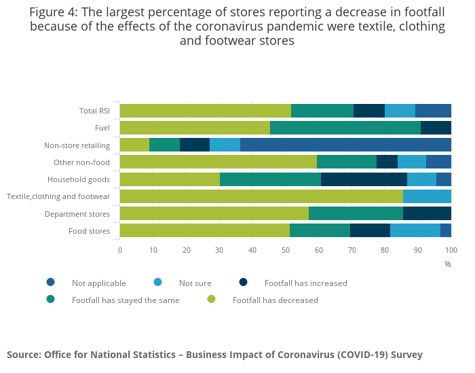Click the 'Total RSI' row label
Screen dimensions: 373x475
coord(94,111)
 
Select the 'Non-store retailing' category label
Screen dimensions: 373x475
coord(77,145)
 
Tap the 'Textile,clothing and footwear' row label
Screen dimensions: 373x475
coord(58,196)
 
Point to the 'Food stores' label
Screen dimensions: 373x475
coord(89,230)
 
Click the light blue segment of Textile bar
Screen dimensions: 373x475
coord(427,196)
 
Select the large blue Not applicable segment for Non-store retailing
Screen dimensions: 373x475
coord(345,145)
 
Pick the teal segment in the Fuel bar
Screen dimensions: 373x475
coord(345,128)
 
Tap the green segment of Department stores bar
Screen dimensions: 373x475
coord(214,213)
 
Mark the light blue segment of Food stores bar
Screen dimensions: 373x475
coord(415,230)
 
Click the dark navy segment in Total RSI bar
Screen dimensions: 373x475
coord(369,111)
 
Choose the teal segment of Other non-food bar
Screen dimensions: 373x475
coord(347,162)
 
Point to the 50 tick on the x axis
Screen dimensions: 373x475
coord(286,250)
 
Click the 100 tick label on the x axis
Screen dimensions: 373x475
coord(451,250)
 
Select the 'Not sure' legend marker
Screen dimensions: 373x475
coord(157,283)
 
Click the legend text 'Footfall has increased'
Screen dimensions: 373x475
coord(305,283)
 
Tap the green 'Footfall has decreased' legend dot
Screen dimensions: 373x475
coord(211,300)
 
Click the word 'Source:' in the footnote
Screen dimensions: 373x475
coord(23,355)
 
